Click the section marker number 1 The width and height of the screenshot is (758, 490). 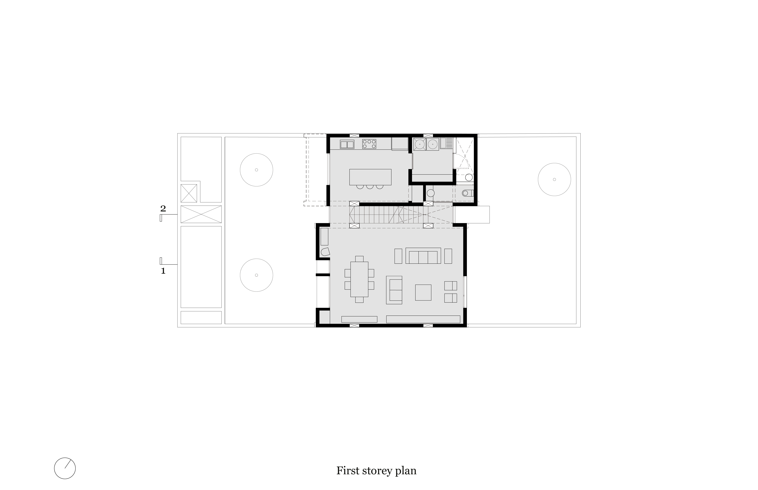(x=163, y=271)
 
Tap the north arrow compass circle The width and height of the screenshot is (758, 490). (x=65, y=468)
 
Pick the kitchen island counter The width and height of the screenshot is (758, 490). (x=370, y=177)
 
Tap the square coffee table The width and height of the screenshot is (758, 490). (x=423, y=292)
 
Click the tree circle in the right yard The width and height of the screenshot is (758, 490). (x=555, y=180)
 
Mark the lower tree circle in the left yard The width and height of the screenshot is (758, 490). (x=256, y=275)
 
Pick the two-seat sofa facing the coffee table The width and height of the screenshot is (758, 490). (x=394, y=290)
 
